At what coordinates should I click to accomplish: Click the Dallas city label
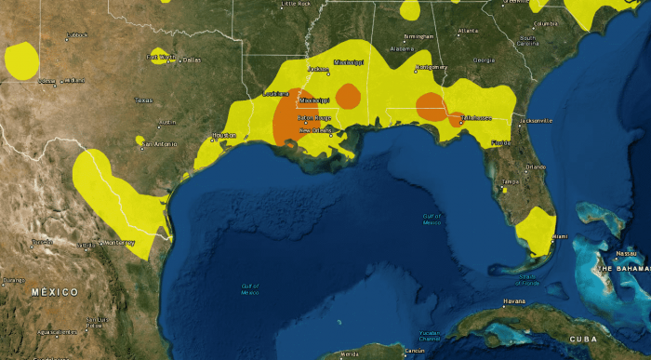193,60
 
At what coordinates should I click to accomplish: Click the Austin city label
167,122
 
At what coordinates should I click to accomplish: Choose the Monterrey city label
119,243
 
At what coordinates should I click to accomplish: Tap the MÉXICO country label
54,292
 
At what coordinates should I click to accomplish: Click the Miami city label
558,236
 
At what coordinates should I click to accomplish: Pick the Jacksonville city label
538,121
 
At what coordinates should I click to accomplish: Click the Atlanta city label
468,31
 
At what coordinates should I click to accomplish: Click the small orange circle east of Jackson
348,95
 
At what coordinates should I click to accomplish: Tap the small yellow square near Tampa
503,189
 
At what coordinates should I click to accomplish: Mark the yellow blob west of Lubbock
21,60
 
